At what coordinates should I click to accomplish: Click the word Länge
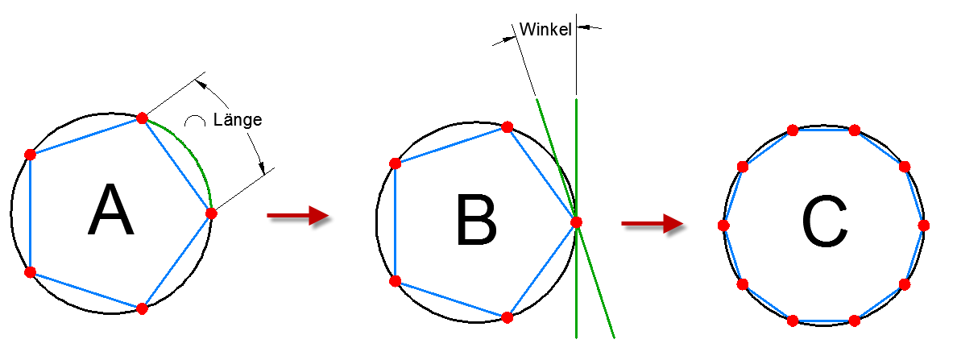click(x=238, y=121)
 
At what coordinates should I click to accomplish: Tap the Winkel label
click(x=545, y=30)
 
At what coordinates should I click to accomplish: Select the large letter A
click(x=110, y=210)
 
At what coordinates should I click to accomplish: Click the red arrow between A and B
click(x=296, y=215)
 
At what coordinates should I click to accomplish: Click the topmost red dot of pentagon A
click(x=142, y=118)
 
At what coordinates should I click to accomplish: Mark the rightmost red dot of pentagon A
click(x=211, y=213)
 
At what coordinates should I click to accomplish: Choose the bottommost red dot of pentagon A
click(x=142, y=308)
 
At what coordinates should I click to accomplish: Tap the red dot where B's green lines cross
click(x=576, y=222)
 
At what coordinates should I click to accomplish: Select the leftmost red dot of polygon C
click(x=723, y=226)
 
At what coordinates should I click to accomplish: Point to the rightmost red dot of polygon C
click(x=923, y=225)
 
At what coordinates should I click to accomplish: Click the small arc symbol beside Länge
click(x=193, y=122)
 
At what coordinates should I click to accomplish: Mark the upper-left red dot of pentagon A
click(x=30, y=154)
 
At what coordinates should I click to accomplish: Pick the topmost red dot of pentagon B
click(x=507, y=127)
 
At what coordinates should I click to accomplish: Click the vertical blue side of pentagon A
click(x=30, y=213)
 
